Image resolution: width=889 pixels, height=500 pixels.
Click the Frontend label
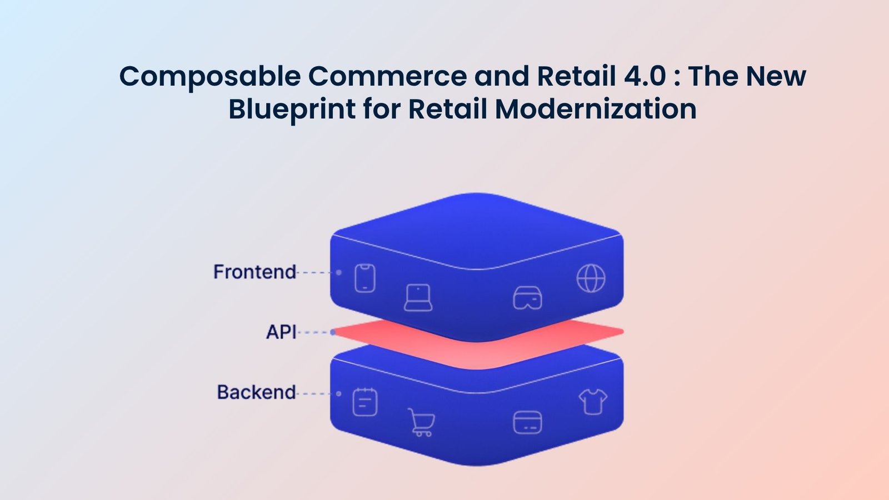254,272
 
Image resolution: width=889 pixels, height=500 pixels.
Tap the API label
281,332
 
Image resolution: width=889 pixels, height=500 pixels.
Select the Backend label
256,392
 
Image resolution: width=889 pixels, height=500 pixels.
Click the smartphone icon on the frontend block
365,278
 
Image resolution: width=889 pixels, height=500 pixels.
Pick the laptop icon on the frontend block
418,298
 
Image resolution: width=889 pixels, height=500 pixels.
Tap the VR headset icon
527,298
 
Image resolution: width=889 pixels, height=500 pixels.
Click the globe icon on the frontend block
591,278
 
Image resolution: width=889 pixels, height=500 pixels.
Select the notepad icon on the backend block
365,402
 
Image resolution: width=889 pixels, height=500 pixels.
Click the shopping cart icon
421,422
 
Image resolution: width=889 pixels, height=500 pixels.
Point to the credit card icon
527,422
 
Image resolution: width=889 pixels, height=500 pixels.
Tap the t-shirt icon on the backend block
593,401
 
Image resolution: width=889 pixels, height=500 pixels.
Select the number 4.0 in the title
645,76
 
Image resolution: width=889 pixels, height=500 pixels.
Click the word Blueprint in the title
292,109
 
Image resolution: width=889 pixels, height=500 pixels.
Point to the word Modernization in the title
596,109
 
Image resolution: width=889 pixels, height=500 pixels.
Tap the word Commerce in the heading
387,76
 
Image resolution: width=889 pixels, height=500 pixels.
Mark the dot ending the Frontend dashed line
339,272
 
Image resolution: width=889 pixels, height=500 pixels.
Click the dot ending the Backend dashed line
339,393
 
